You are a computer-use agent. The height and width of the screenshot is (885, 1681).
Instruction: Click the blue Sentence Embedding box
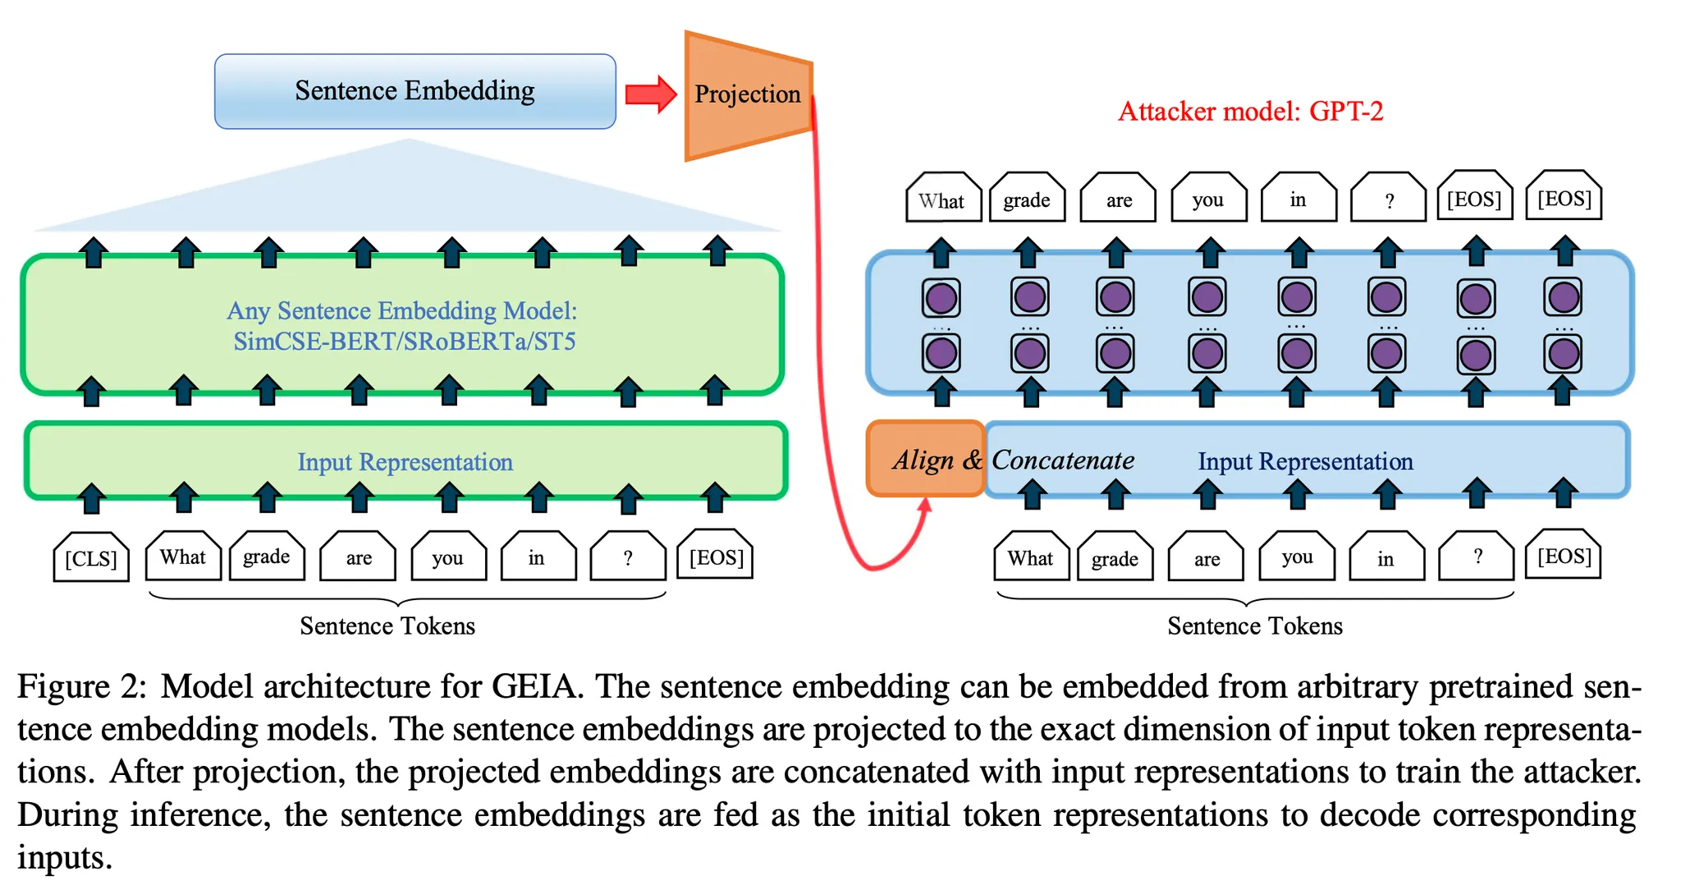point(415,91)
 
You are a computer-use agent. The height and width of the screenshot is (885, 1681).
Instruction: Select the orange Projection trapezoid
point(747,94)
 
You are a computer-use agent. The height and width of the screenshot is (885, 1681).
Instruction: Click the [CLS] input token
point(91,558)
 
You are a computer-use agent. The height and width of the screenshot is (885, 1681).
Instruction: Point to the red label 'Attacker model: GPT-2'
point(1250,111)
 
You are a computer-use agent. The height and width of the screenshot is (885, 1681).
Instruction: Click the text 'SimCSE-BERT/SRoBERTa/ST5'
point(404,341)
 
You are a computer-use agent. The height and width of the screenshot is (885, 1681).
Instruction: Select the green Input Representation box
point(405,461)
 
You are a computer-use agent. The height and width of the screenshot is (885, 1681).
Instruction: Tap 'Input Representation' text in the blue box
point(1305,461)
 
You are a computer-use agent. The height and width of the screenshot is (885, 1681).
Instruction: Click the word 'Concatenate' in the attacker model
point(1063,460)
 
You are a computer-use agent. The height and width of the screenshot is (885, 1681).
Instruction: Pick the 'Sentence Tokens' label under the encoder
point(387,626)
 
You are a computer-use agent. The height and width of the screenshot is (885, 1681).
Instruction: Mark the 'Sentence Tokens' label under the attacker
point(1255,626)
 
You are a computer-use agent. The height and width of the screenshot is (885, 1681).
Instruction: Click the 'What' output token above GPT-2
point(942,199)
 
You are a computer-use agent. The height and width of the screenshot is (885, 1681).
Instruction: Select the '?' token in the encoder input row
point(628,557)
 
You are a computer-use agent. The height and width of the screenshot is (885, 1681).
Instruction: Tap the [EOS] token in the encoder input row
point(717,557)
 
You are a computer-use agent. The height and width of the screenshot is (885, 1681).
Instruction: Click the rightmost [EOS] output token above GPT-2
point(1564,198)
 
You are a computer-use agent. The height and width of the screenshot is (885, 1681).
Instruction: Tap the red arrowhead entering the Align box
point(925,506)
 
